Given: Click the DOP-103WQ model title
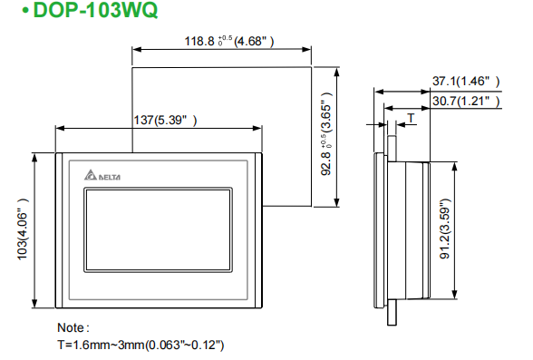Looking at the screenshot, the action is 95,10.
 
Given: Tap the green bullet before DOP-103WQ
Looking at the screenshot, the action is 25,11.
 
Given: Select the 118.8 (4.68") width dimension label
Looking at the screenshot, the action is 229,41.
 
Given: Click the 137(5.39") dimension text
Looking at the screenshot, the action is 165,120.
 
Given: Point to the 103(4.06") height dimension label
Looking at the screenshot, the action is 23,229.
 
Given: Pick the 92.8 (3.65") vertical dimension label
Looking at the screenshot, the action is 326,133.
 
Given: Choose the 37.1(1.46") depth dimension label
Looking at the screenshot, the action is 466,82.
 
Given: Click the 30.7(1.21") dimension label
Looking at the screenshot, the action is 466,101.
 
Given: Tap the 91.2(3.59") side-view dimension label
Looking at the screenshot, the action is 445,229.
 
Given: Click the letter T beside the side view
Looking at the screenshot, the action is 412,118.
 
